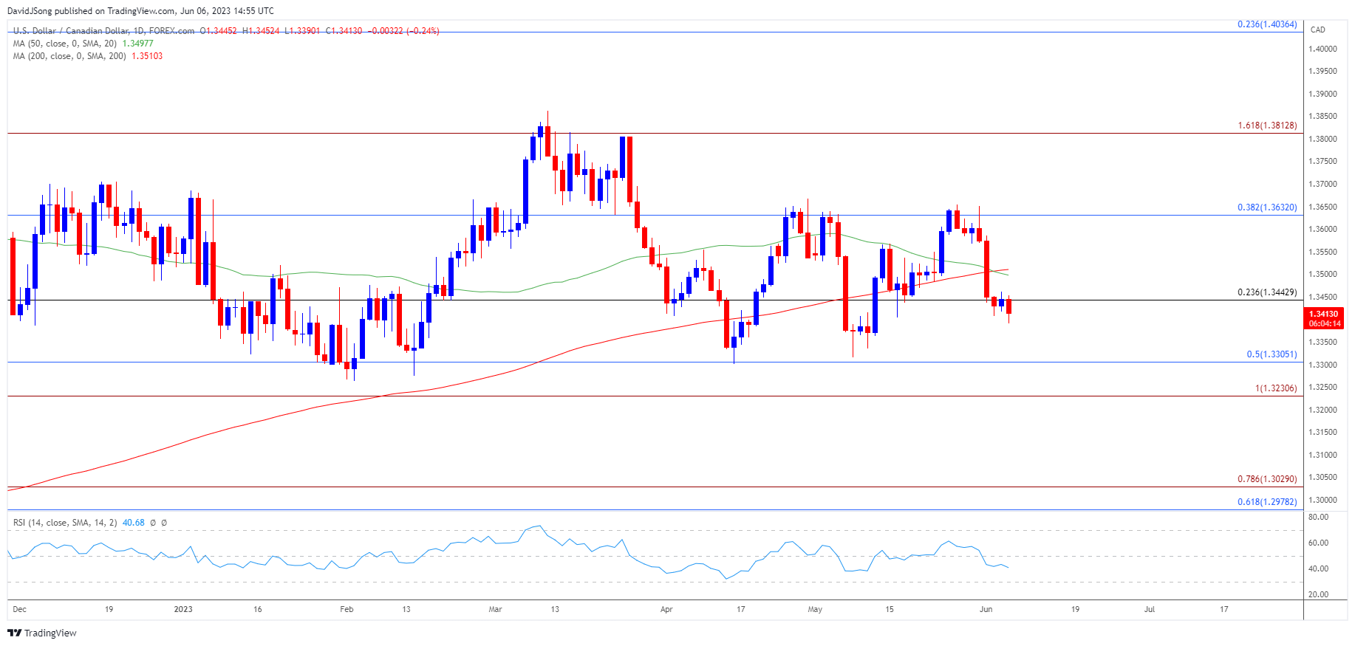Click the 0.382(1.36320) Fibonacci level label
(1266, 207)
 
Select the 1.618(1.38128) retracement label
(1266, 126)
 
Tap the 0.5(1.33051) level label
(1271, 354)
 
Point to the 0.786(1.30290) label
(1266, 479)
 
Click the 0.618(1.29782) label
(1266, 502)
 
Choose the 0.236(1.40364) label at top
(1266, 24)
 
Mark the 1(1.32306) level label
(1275, 388)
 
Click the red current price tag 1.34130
(1323, 314)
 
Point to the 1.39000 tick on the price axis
(1322, 94)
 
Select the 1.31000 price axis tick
(1322, 455)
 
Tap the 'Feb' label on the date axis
(347, 609)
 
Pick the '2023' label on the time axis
(183, 609)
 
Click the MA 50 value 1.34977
(137, 44)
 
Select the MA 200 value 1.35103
(147, 56)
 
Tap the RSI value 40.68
(133, 523)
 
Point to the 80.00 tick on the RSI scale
(1318, 517)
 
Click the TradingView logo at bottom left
(42, 633)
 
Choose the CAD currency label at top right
(1317, 30)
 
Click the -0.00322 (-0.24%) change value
(403, 31)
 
